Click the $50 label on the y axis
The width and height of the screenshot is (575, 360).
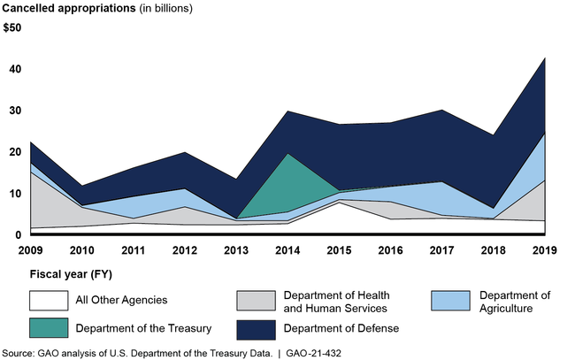click(14, 28)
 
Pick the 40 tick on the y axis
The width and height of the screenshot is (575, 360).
click(11, 70)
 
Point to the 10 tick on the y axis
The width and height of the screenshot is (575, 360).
click(11, 194)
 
